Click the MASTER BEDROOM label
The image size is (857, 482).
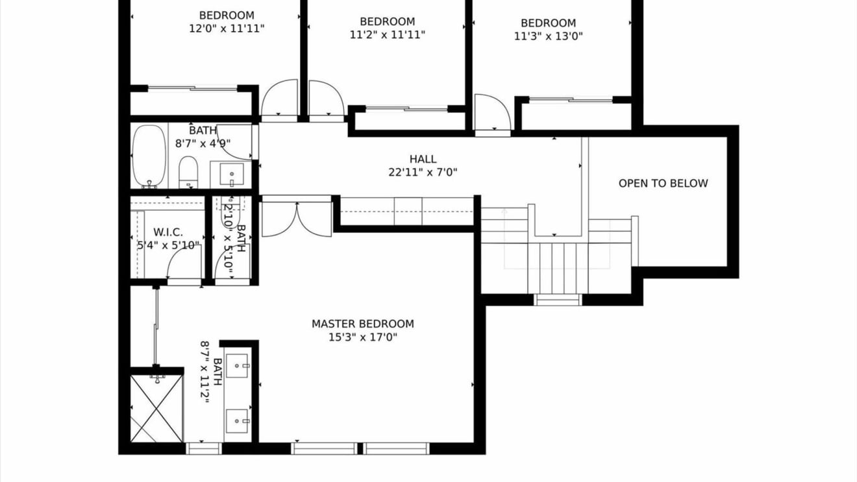363,324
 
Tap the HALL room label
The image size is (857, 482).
423,159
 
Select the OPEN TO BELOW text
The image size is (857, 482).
663,184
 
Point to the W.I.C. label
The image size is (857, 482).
168,232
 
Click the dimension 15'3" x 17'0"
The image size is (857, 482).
363,337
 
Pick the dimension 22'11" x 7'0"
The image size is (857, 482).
423,173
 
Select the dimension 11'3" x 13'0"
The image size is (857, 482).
548,36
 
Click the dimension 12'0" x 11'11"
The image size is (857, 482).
227,29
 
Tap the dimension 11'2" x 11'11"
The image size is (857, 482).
387,35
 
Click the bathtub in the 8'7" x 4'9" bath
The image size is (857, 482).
149,156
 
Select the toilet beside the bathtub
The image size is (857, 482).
188,172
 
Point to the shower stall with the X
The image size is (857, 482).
156,409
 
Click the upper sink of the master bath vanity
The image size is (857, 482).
237,366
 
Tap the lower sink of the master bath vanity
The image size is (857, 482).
237,421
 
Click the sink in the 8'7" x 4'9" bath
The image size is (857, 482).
232,175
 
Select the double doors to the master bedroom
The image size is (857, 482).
297,219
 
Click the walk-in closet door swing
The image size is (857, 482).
184,265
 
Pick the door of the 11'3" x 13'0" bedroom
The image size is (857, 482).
493,113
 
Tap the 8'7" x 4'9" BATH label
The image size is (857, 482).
203,130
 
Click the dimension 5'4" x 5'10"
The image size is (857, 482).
169,245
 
